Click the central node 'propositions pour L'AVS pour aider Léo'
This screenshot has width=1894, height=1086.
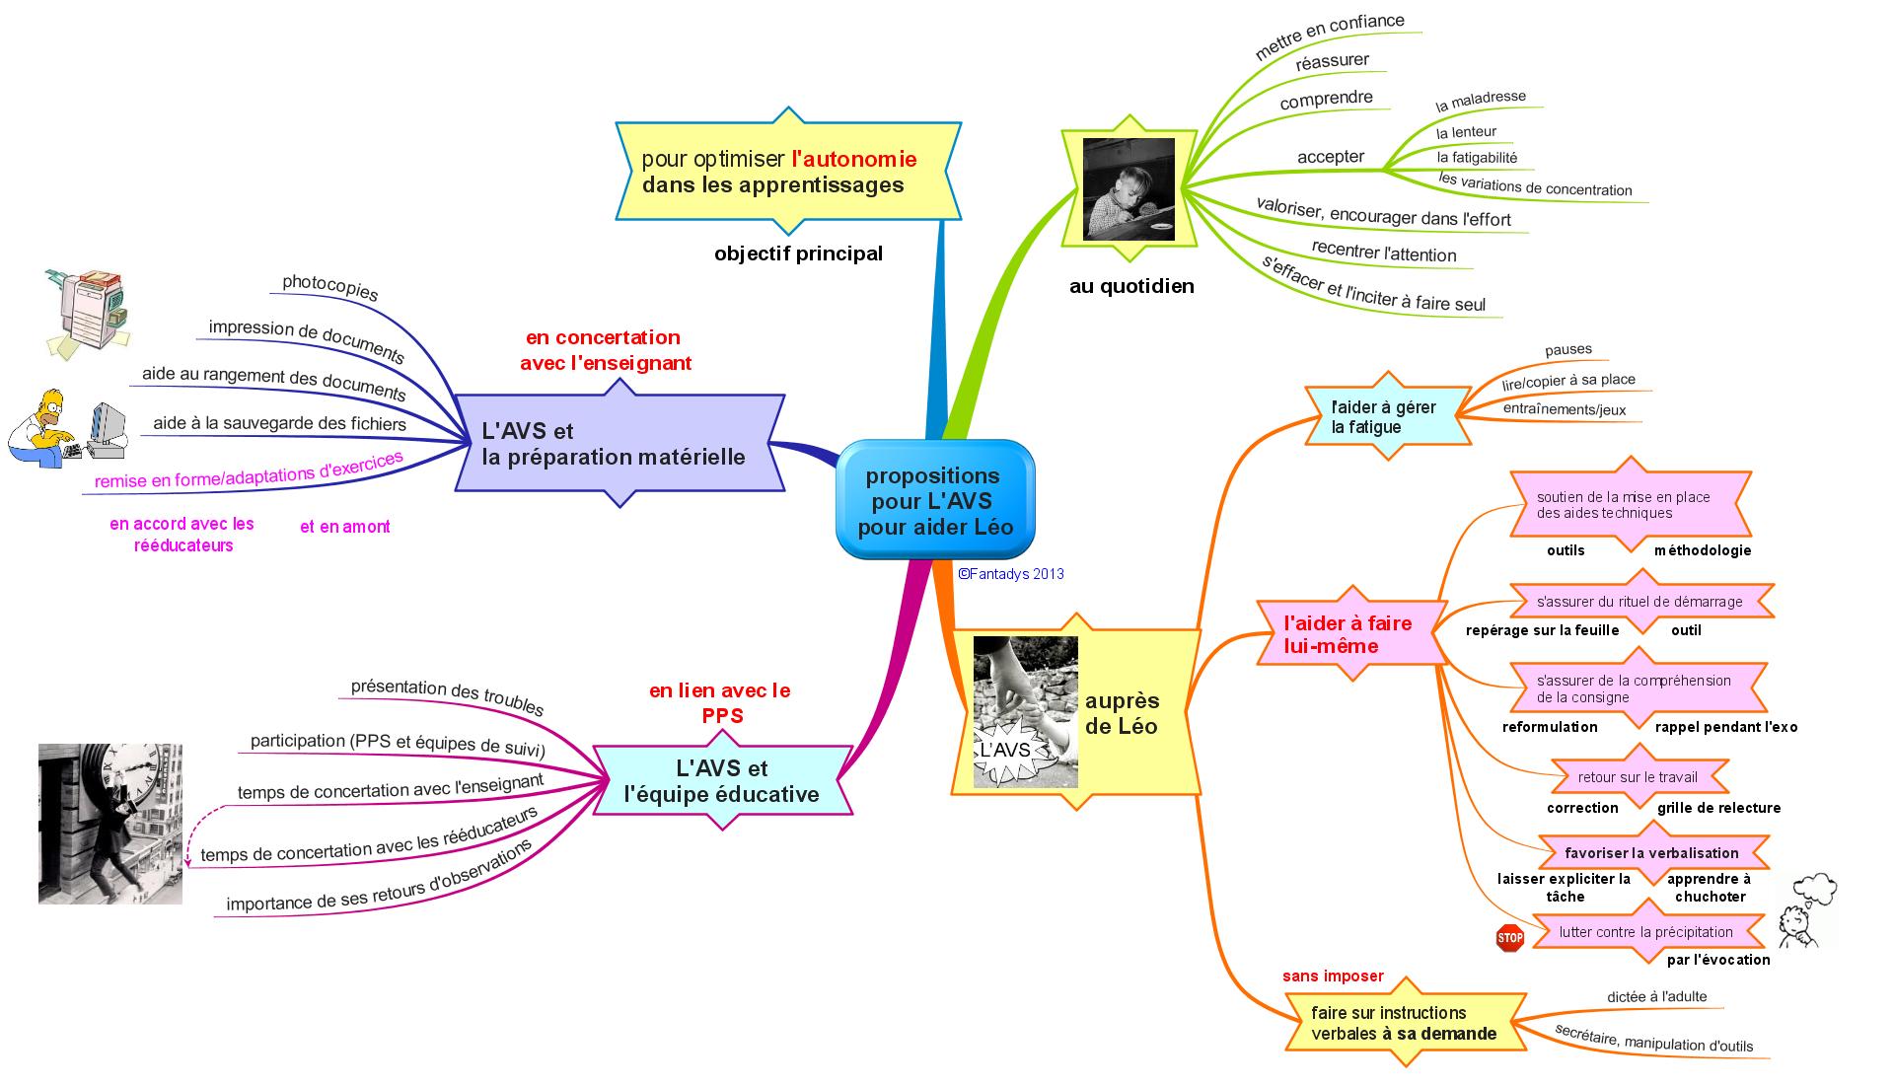tap(934, 501)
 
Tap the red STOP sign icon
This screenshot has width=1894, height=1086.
tap(1509, 937)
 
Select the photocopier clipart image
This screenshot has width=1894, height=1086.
tap(88, 311)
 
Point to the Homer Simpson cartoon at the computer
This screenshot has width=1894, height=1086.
tap(67, 426)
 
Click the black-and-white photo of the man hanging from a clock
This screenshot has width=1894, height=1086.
tap(110, 824)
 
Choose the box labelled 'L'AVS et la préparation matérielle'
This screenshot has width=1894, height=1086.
tap(619, 444)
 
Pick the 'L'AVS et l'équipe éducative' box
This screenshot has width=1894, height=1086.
tap(722, 781)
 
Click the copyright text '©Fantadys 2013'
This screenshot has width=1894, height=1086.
tap(1010, 574)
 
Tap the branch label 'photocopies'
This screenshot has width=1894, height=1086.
tap(329, 286)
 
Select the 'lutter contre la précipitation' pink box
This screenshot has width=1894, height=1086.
tap(1645, 932)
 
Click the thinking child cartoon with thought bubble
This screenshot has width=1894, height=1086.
tap(1807, 911)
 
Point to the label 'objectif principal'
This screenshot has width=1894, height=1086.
tap(798, 253)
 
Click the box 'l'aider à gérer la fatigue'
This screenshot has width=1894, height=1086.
tap(1383, 416)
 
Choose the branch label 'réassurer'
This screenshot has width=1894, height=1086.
tap(1332, 61)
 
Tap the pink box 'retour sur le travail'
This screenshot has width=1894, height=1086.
tap(1638, 777)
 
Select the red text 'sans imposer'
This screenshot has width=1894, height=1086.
tap(1332, 977)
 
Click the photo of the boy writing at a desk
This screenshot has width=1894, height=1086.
tap(1129, 189)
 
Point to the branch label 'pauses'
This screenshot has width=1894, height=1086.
tap(1567, 349)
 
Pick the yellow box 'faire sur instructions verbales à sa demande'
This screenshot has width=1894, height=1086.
tap(1404, 1023)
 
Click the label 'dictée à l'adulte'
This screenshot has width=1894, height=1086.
tap(1656, 996)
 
